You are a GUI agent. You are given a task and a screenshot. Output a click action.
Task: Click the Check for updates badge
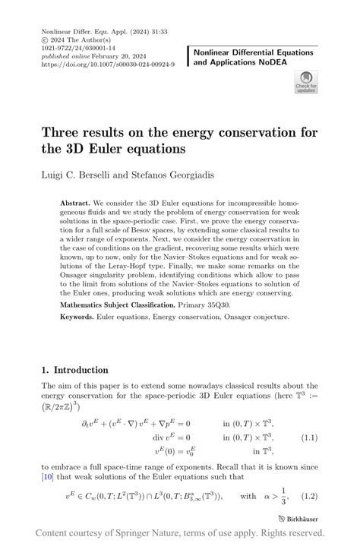coord(305,81)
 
